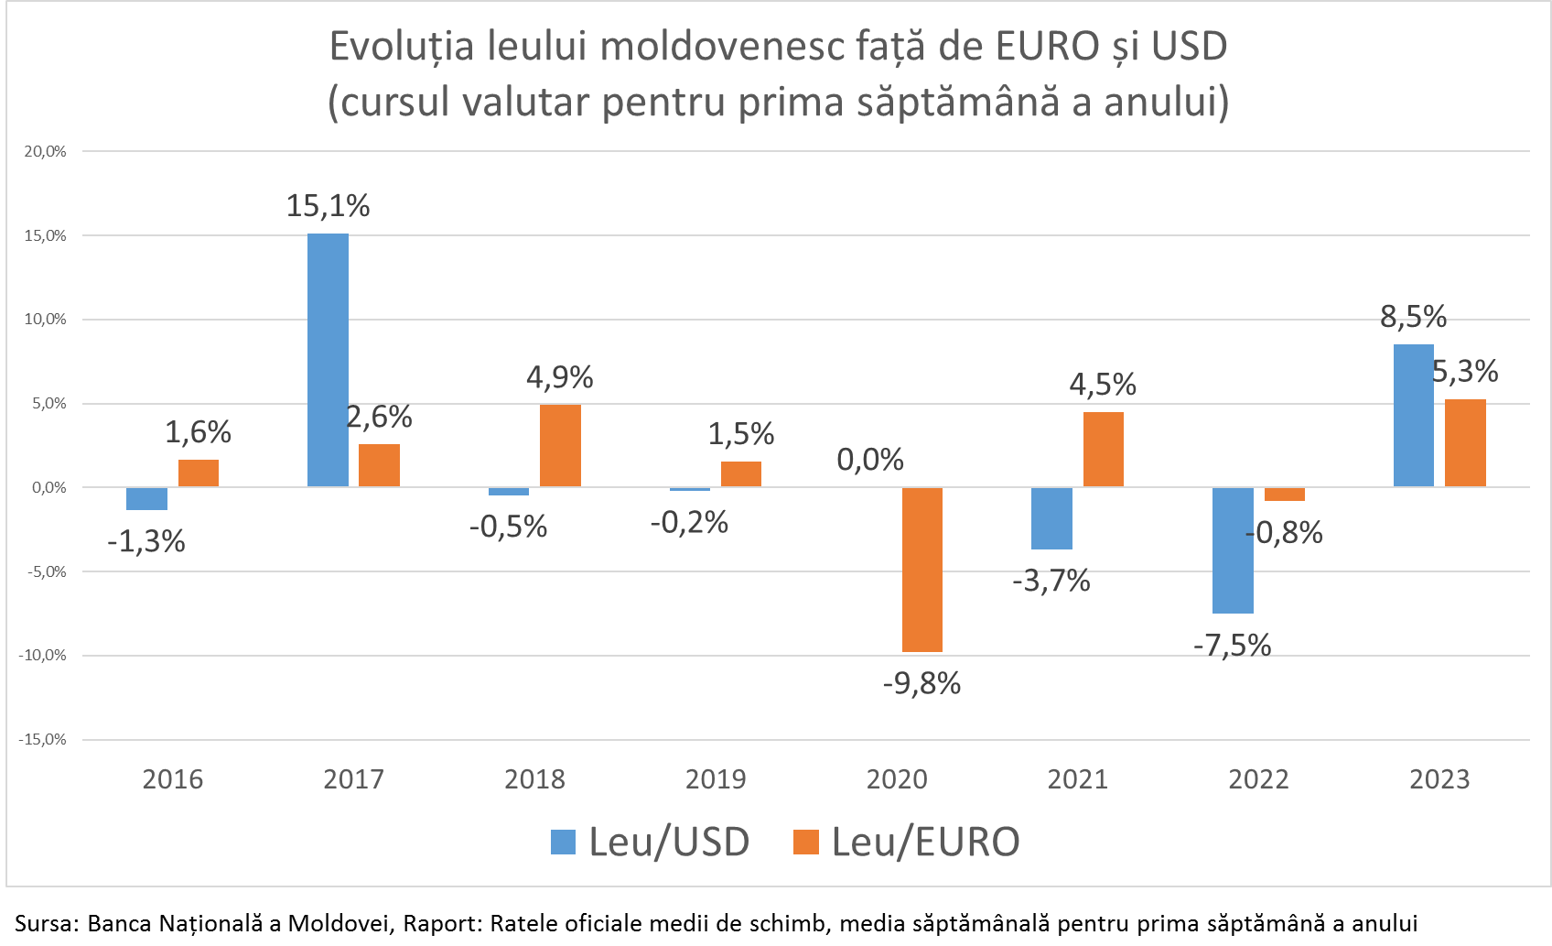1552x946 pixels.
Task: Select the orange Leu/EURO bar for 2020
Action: pos(922,570)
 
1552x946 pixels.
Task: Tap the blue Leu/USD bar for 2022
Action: pos(1233,550)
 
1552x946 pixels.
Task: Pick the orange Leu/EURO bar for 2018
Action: pos(560,445)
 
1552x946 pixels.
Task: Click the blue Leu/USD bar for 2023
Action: pos(1413,416)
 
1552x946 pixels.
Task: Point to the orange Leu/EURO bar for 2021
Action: pos(1104,449)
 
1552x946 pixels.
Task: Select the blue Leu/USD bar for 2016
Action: pos(146,499)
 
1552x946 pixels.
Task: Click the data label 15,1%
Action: pos(328,206)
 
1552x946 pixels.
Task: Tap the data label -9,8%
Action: pos(921,683)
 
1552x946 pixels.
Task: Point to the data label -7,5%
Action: pos(1232,646)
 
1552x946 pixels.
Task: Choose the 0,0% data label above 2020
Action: pos(870,459)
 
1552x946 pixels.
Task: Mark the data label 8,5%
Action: pos(1413,317)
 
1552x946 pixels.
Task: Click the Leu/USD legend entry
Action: pos(651,842)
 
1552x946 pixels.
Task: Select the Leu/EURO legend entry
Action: pos(906,842)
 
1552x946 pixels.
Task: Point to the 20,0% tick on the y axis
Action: pos(45,152)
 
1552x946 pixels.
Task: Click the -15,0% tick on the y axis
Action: pos(42,740)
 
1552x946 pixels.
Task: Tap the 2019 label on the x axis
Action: pos(716,779)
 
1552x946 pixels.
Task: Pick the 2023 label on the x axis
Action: pos(1439,779)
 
